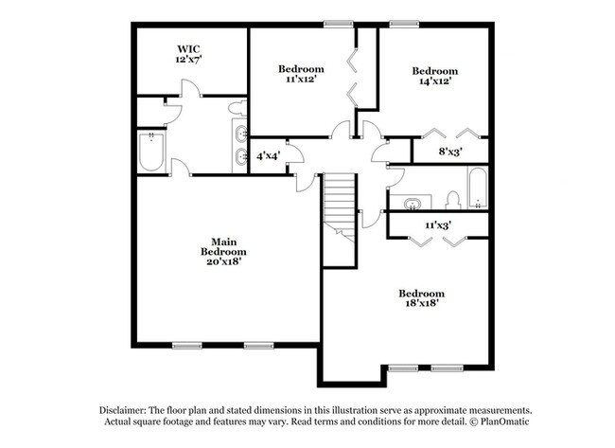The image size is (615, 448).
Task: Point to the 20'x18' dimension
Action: click(223, 262)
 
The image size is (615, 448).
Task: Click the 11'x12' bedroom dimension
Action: click(300, 80)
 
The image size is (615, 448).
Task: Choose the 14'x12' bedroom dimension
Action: click(434, 81)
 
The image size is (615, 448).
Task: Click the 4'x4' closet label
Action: click(267, 156)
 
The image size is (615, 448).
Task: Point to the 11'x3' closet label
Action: click(437, 224)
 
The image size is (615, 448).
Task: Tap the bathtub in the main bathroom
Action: click(151, 152)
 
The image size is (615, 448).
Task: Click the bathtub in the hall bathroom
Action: click(477, 188)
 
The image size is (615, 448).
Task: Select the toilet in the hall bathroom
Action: click(452, 199)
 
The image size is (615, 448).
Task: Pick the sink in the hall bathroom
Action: click(413, 203)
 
